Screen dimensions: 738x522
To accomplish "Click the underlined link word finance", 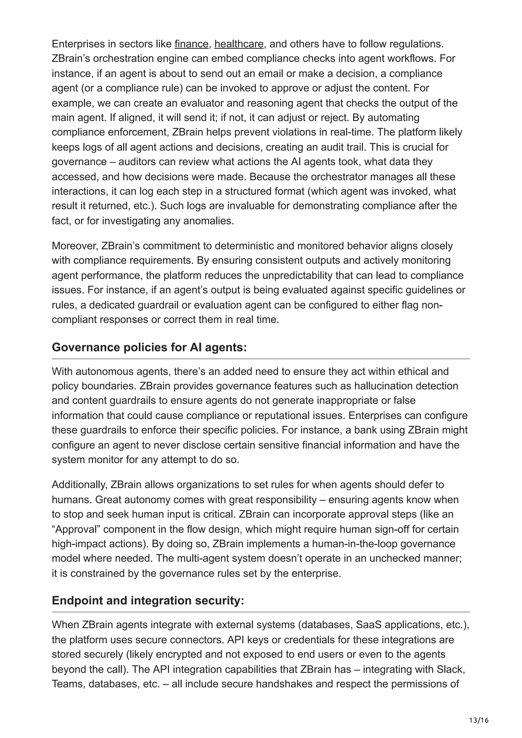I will [x=191, y=44].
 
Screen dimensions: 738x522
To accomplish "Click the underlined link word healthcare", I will [x=239, y=44].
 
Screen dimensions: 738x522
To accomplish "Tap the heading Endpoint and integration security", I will [x=148, y=601].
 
